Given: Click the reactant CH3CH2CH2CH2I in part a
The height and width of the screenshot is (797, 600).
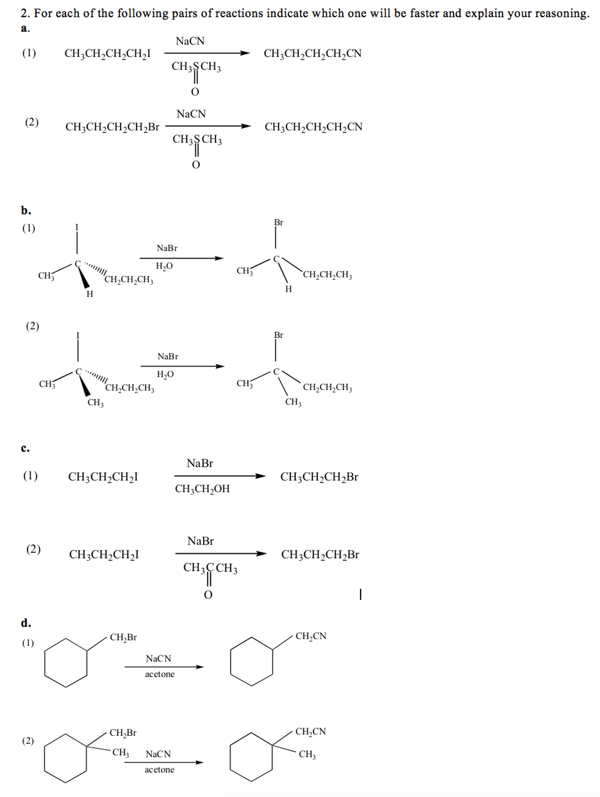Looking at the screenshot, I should point(107,53).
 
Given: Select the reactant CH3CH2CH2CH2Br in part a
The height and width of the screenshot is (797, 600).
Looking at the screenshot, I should point(112,127).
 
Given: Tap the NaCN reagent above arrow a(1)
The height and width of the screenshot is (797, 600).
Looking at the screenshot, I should point(190,41).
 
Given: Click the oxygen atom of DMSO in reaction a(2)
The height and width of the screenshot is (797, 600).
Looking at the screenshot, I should point(196,165).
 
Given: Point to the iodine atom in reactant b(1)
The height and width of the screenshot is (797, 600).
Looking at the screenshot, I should point(77,227).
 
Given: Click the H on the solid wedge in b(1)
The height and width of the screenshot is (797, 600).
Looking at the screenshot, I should point(90,294).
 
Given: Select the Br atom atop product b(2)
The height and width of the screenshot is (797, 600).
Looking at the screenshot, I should point(278,335).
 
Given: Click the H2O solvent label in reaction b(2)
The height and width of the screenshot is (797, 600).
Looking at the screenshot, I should point(165,374).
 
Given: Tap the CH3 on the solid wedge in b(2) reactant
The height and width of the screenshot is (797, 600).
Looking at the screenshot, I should point(95,402).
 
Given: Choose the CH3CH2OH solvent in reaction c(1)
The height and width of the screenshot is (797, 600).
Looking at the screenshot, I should point(202,489).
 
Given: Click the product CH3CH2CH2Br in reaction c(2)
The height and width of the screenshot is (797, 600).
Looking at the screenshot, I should point(320,555).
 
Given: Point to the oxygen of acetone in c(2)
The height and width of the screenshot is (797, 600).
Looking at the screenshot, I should point(208,595).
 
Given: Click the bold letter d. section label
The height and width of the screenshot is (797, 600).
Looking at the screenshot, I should point(26,623).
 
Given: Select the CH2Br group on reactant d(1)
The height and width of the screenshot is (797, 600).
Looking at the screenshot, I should point(123,637).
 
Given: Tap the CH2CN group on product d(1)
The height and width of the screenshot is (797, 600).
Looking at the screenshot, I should point(311,636).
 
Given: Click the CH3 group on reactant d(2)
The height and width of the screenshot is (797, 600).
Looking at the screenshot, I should point(120,752).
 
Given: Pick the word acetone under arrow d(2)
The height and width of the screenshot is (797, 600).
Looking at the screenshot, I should point(159,769).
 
